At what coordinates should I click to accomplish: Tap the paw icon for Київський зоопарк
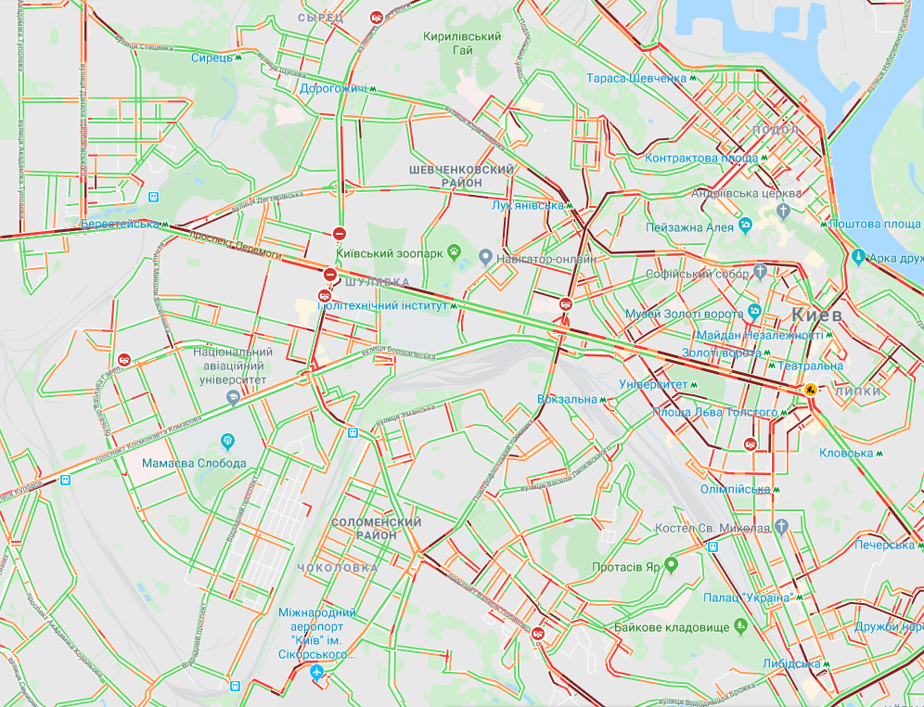(455, 251)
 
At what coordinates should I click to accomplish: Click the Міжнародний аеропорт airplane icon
(318, 673)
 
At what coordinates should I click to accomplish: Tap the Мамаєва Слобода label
(194, 463)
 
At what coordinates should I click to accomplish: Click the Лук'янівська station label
(527, 206)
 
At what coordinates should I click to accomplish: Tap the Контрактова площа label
(700, 159)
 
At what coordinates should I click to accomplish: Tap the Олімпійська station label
(736, 489)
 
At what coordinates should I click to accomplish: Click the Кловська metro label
(846, 453)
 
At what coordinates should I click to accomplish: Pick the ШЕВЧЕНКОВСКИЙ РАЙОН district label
(461, 176)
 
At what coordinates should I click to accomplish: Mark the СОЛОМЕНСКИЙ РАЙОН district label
(376, 529)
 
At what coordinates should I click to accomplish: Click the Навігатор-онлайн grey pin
(484, 257)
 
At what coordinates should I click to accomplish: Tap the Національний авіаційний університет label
(232, 366)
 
